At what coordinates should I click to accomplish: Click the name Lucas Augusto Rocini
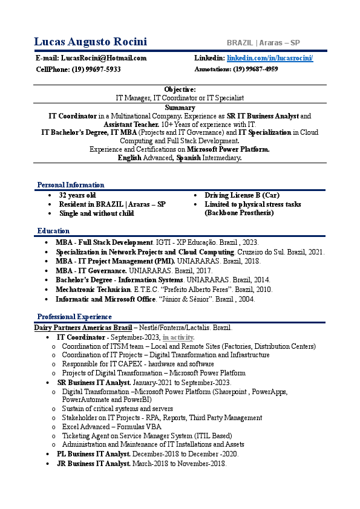91,42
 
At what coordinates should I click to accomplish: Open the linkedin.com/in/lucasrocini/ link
270,58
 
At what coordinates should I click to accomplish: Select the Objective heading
180,89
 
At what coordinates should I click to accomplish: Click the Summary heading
180,108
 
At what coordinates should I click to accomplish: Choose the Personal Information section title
71,185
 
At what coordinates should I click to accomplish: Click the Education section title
53,231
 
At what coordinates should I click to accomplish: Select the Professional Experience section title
74,317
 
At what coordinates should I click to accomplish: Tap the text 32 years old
77,196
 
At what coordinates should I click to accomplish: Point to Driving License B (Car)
242,196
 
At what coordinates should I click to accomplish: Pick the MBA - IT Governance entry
91,271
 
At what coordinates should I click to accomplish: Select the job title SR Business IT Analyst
94,383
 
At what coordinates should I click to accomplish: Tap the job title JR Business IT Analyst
94,464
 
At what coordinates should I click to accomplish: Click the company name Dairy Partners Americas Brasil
83,328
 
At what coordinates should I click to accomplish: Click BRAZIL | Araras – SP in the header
263,43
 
